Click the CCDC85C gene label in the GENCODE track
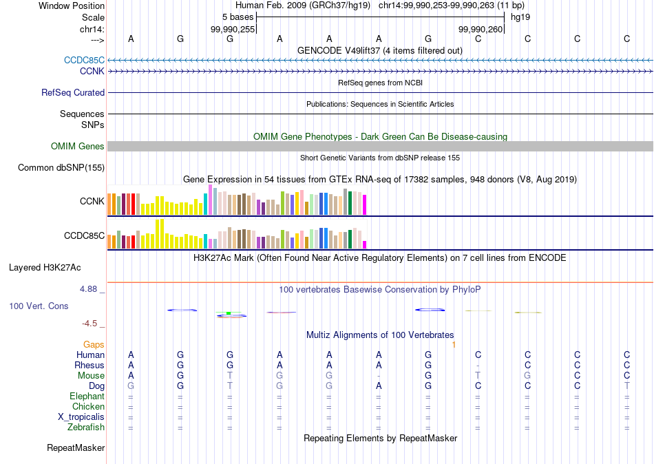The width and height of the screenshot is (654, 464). coord(84,60)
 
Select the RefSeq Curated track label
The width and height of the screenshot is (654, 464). coord(73,92)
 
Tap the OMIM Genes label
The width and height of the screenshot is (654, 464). coord(78,146)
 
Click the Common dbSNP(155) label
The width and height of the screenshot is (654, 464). coord(61,167)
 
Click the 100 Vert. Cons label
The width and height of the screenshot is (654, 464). coord(39,306)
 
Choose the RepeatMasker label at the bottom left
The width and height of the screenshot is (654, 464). coord(76,448)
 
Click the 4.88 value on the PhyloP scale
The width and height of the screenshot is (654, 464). coord(89,289)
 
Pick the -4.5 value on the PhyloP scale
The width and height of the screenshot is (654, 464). coord(92,323)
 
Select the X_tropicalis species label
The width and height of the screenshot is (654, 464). coord(81,417)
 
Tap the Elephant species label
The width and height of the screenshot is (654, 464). coord(87,396)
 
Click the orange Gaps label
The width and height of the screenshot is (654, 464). coord(94,344)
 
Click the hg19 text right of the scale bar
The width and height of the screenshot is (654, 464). coord(520,16)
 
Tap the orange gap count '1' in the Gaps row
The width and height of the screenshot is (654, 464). coord(454,344)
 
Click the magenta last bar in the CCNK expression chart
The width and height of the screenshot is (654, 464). coord(365,204)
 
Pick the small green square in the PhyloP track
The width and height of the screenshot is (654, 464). coord(228,314)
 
